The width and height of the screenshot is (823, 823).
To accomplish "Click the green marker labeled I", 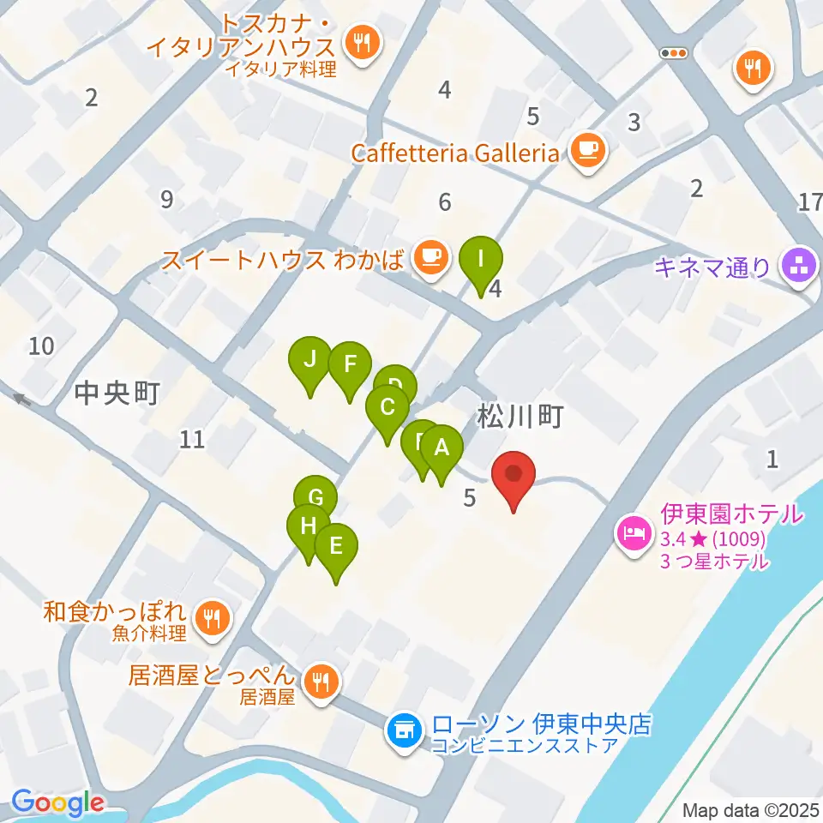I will (x=481, y=258).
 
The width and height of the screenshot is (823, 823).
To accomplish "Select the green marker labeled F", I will (x=349, y=363).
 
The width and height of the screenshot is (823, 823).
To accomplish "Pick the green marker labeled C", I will (x=387, y=407).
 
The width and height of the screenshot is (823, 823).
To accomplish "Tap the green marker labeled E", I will (x=336, y=545).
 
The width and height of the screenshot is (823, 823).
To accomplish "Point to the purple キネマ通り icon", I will (x=799, y=267).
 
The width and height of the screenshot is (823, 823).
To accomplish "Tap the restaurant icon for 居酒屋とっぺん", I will (x=321, y=681).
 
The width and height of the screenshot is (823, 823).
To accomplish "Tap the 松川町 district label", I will (x=520, y=418).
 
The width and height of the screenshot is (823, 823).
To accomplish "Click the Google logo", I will (x=57, y=802).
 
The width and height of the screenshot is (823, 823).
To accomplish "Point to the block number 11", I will (x=193, y=440).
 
